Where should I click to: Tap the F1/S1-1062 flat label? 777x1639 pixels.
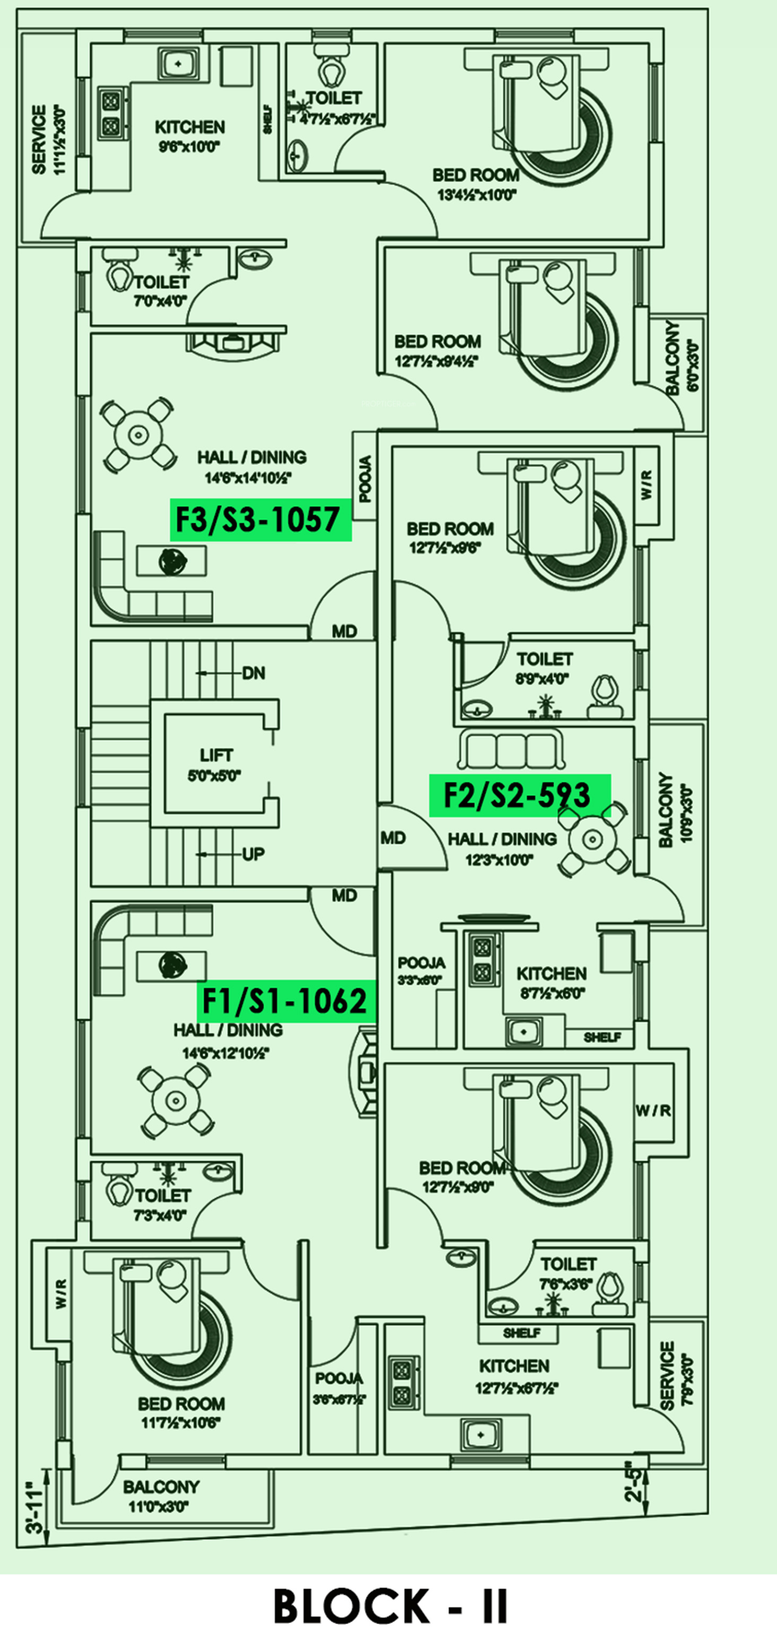click(286, 1000)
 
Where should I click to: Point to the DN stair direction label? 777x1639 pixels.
click(253, 673)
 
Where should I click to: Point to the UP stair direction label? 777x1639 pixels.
click(253, 854)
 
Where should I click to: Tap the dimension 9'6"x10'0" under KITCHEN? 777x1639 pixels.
click(189, 147)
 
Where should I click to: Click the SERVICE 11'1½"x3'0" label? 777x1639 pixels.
click(48, 140)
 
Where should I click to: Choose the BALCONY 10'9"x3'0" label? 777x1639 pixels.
click(675, 809)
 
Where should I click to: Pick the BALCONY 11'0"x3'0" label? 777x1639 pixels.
click(161, 1496)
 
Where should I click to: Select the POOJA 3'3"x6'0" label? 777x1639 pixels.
click(421, 971)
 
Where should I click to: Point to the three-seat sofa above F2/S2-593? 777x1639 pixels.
click(511, 752)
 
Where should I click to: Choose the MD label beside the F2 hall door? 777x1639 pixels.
click(393, 838)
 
